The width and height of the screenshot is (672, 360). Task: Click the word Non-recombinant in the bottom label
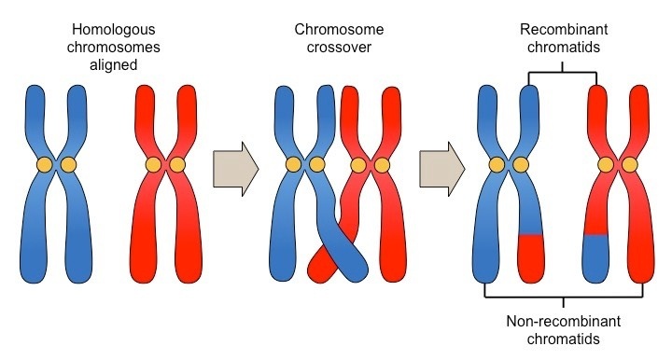[x=564, y=323]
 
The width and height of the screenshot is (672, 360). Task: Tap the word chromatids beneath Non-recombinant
[x=564, y=340]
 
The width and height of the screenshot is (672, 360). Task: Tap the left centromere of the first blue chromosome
[x=44, y=165]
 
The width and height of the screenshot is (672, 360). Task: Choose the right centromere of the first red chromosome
[x=177, y=165]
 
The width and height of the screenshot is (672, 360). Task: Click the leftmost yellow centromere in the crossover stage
[x=293, y=165]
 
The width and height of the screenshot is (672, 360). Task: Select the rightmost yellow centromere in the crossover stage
[x=379, y=165]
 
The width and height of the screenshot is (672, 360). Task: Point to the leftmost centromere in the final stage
[x=497, y=165]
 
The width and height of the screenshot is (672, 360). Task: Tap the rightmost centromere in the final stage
[x=630, y=165]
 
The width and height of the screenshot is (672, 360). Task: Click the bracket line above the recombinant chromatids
[x=564, y=71]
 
